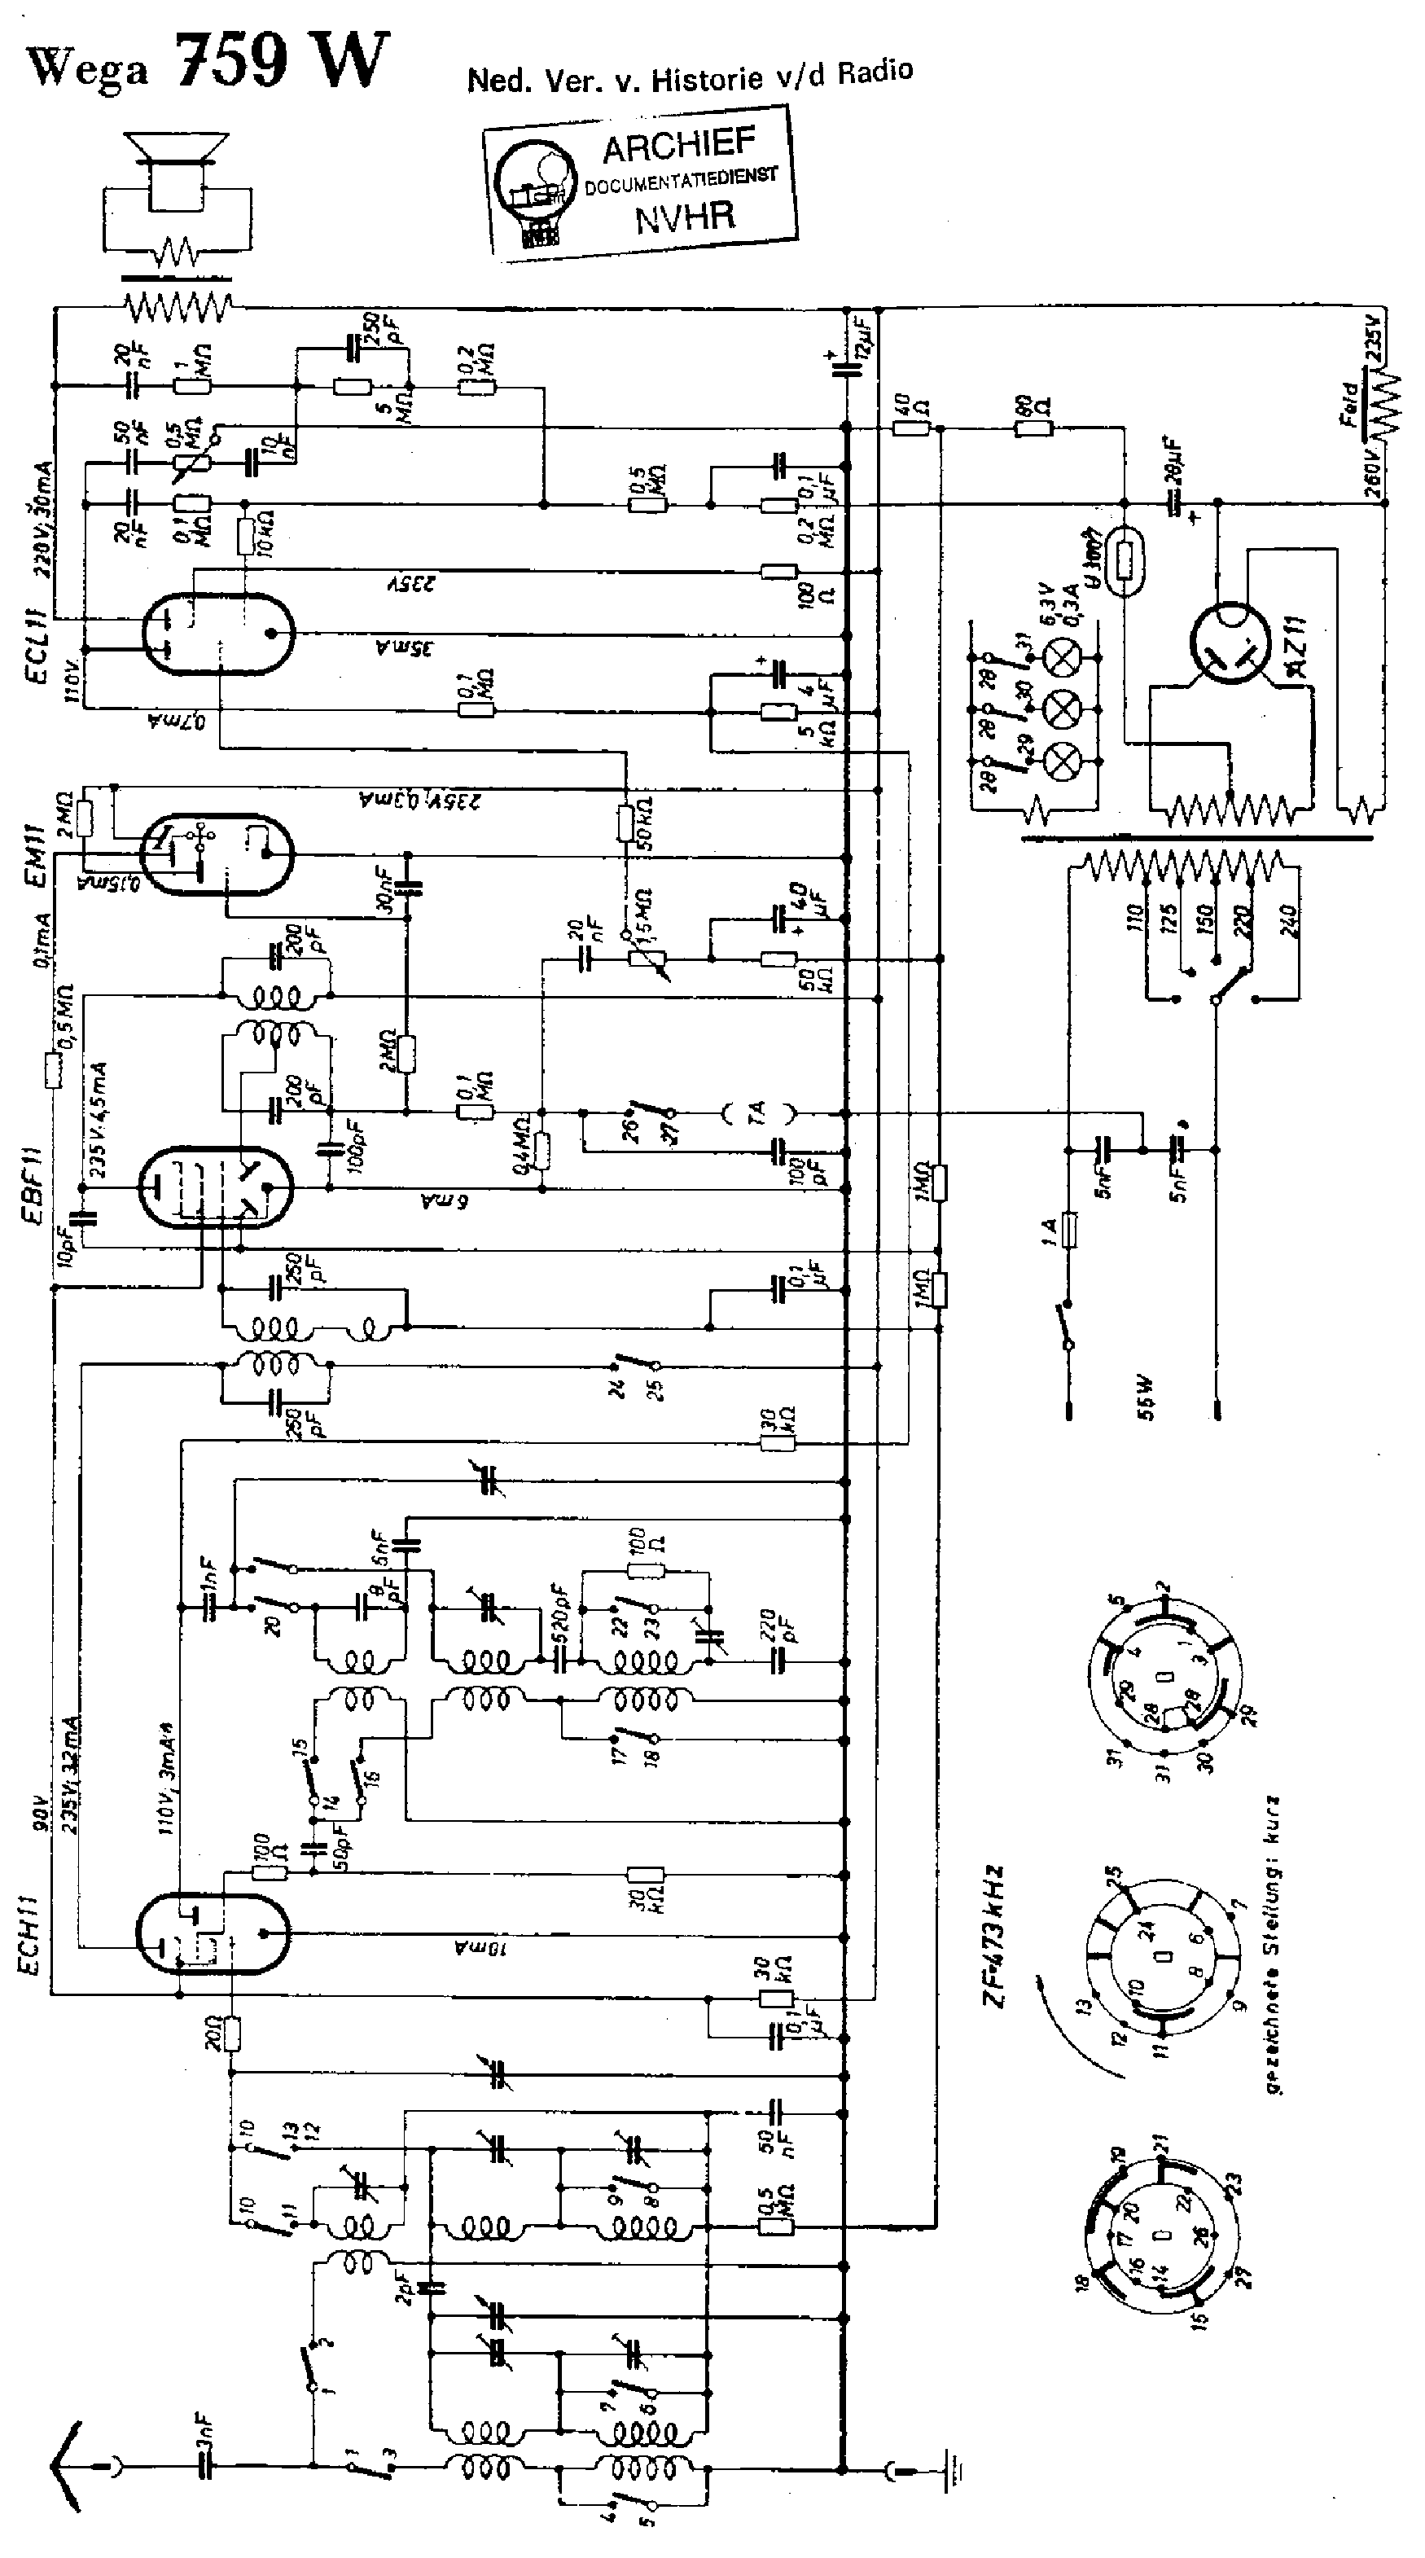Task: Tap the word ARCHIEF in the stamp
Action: [679, 147]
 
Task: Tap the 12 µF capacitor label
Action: [860, 338]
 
